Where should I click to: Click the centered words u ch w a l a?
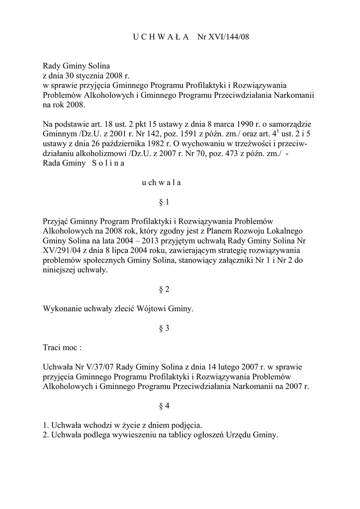tap(161, 182)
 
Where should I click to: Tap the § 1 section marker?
tap(164, 202)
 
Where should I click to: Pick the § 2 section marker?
tap(164, 289)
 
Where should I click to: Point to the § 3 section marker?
tap(164, 328)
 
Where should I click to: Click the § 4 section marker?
tap(164, 406)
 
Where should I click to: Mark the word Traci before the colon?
tap(53, 347)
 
